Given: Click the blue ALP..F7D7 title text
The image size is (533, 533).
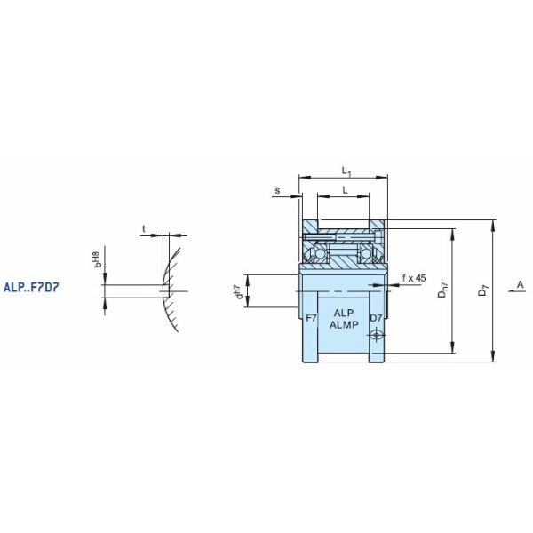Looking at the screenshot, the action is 31,288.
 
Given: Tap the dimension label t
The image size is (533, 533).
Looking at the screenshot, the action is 144,229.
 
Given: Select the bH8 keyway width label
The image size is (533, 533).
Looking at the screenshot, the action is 97,259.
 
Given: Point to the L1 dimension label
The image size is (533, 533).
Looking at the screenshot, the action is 346,171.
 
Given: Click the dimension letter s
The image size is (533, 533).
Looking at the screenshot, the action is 278,190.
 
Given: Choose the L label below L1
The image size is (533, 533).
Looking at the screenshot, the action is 345,190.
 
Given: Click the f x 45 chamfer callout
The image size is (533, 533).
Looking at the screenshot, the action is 414,278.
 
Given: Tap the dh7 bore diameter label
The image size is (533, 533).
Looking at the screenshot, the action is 239,292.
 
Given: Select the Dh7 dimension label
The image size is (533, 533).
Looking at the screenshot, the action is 443,290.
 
